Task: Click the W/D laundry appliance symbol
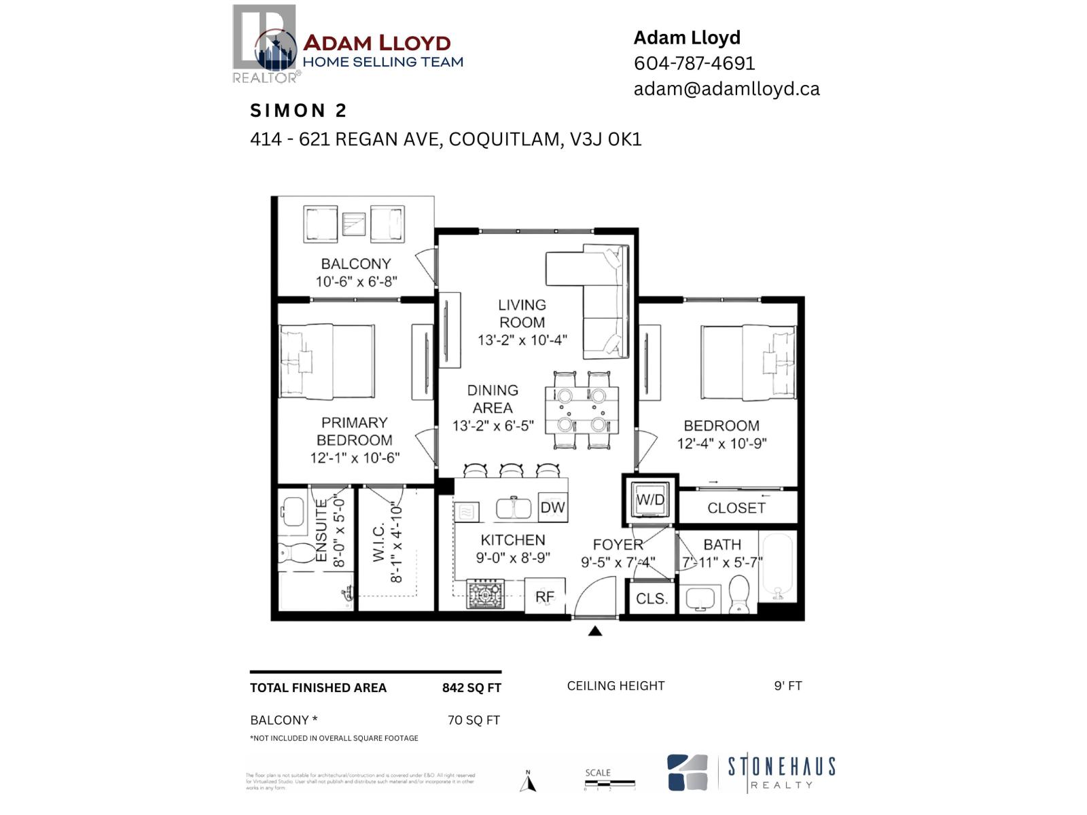[650, 500]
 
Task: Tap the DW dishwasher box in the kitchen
[552, 507]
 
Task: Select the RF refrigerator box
[545, 597]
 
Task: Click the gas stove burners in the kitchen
[485, 595]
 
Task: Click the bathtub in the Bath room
[779, 568]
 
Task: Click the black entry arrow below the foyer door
[595, 631]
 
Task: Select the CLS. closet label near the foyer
[652, 599]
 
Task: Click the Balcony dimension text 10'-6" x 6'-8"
[356, 281]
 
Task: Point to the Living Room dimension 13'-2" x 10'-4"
[522, 340]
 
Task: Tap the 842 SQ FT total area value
[471, 688]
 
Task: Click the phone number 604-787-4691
[694, 63]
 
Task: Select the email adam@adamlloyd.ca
[726, 89]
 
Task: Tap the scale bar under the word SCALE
[609, 784]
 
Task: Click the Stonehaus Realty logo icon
[688, 773]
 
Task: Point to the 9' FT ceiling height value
[788, 686]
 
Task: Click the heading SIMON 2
[299, 111]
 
